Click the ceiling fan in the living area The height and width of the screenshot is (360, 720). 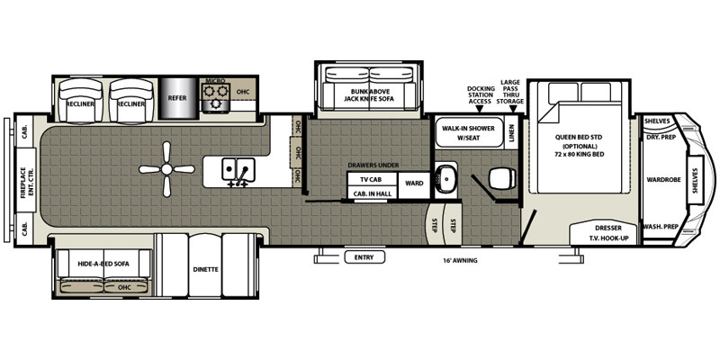pyautogui.click(x=166, y=169)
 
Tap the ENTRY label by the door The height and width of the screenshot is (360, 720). pyautogui.click(x=364, y=257)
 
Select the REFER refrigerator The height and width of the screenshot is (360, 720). pyautogui.click(x=177, y=98)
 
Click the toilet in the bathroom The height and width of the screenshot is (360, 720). pyautogui.click(x=500, y=178)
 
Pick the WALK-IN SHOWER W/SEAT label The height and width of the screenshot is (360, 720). pyautogui.click(x=468, y=132)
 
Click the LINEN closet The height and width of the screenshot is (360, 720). pyautogui.click(x=511, y=132)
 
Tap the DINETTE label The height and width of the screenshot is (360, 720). pyautogui.click(x=205, y=269)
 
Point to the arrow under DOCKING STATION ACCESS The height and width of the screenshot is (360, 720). pyautogui.click(x=480, y=108)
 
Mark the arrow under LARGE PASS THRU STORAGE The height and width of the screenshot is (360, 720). pyautogui.click(x=514, y=108)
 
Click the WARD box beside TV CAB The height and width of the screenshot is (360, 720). pyautogui.click(x=414, y=184)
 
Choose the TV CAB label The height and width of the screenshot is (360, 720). pyautogui.click(x=372, y=179)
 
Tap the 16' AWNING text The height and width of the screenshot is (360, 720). pyautogui.click(x=461, y=260)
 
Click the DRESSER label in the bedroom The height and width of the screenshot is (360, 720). pyautogui.click(x=608, y=229)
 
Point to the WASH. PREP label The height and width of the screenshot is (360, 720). pyautogui.click(x=661, y=227)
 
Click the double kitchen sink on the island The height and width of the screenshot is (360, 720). pyautogui.click(x=238, y=170)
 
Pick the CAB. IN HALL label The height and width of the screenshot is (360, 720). pyautogui.click(x=373, y=194)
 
